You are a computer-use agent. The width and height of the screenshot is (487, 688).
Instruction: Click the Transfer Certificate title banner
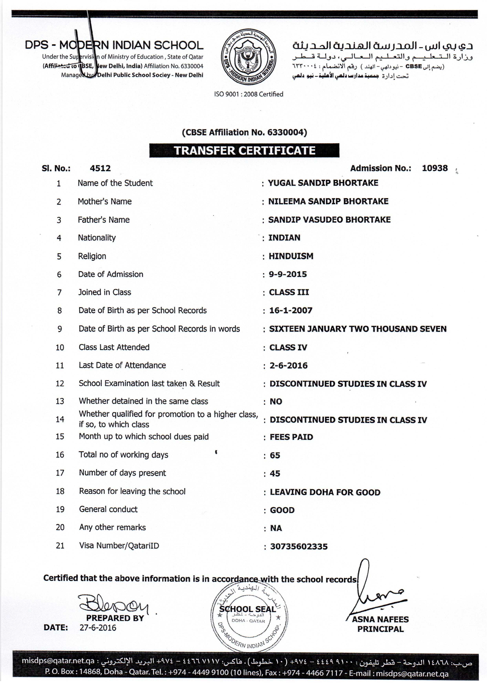[244, 150]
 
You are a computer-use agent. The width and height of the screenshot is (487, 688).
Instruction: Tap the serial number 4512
[100, 168]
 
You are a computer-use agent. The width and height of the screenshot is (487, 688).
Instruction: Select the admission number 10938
[435, 168]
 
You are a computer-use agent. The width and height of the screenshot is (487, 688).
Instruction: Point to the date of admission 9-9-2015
[288, 274]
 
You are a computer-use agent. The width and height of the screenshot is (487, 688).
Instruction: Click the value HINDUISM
[291, 256]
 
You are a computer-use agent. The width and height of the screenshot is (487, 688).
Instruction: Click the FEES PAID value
[291, 437]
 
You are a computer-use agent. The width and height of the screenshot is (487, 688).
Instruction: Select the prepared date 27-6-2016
[98, 628]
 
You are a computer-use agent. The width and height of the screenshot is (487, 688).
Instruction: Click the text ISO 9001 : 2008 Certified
[249, 94]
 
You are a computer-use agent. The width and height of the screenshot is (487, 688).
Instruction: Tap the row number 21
[60, 546]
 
